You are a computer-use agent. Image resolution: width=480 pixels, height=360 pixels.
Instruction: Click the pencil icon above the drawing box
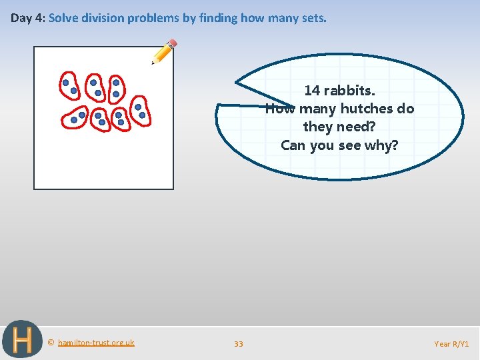(x=164, y=51)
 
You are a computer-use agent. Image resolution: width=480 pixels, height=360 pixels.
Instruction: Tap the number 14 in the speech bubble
(x=312, y=90)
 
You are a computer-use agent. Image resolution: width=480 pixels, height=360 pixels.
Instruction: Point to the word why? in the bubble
(x=382, y=145)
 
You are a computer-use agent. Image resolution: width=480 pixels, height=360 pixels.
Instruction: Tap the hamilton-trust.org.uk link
(x=96, y=343)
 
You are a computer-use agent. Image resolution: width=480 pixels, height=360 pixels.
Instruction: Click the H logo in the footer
(x=21, y=340)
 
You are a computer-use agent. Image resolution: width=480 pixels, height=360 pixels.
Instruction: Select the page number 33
(x=239, y=344)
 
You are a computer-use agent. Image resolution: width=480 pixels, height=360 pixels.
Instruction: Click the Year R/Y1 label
(x=451, y=344)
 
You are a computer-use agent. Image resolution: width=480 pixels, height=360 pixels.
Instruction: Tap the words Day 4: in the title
(x=28, y=18)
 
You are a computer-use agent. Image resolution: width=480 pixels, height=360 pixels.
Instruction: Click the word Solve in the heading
(x=63, y=18)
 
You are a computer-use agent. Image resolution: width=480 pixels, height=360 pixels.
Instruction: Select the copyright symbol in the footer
(x=51, y=343)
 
